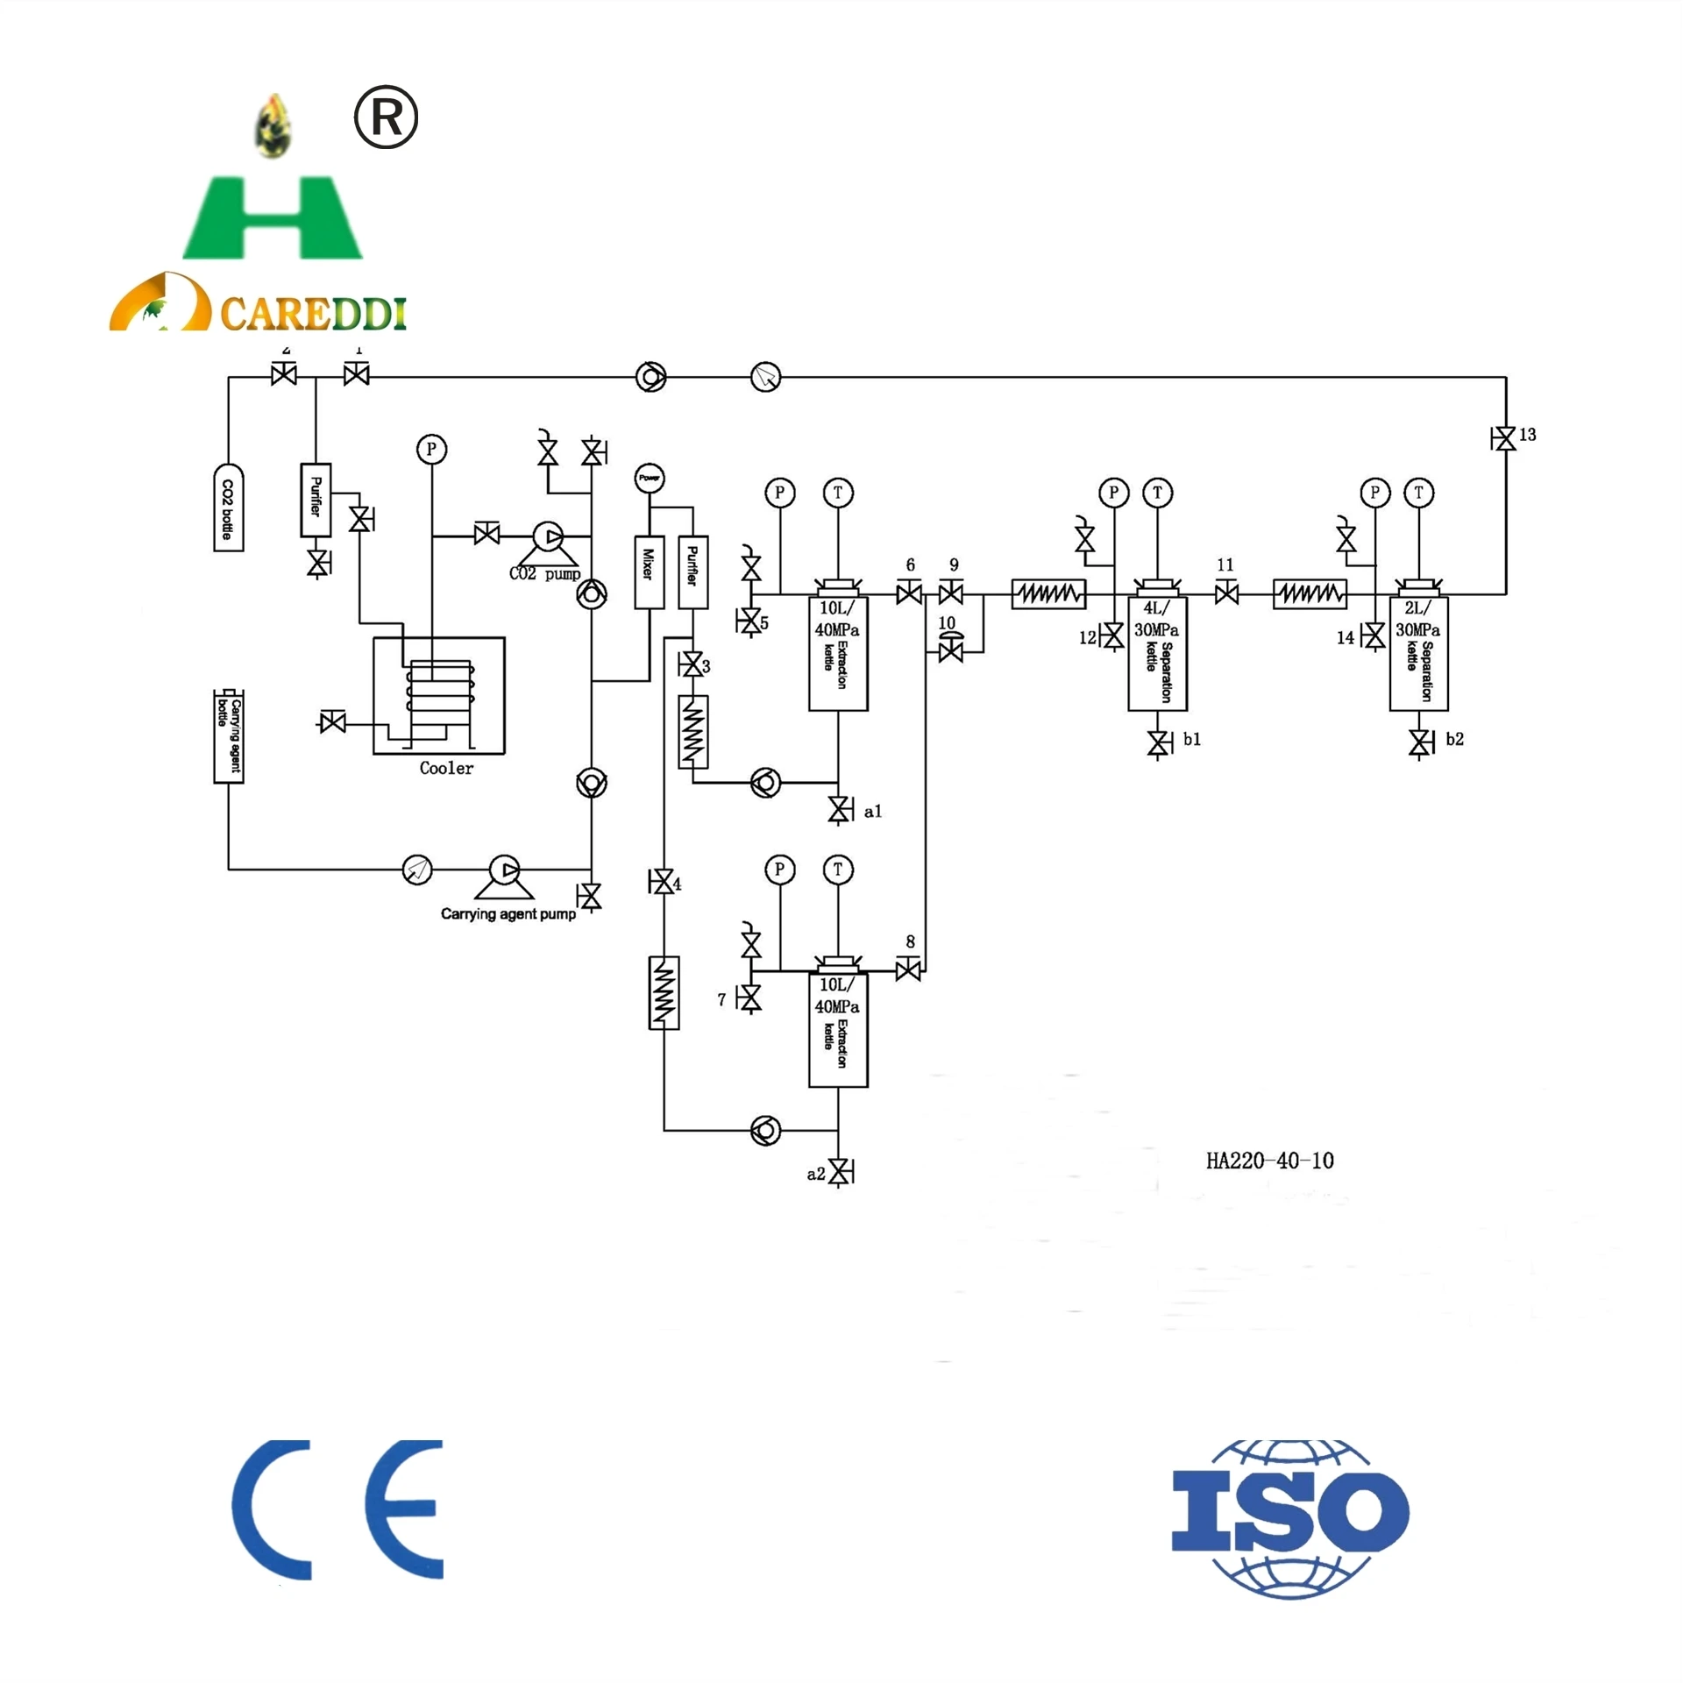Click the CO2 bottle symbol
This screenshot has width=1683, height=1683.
228,508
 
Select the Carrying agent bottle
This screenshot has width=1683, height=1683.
228,736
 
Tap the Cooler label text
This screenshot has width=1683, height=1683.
446,769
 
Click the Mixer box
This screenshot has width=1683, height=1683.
649,572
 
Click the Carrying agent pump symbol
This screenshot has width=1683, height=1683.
505,871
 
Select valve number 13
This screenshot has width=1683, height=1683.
1504,438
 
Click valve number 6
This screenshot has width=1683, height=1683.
909,594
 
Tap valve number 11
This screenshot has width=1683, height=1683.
1226,594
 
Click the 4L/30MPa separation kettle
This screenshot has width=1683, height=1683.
1157,653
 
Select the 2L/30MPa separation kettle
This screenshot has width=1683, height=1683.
1418,653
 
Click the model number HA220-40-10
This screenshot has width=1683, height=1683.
1269,1161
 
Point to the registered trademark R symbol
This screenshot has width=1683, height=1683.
386,117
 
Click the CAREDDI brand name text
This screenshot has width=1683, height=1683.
313,314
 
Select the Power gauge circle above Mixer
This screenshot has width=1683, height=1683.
649,478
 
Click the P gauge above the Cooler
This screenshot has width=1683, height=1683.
430,450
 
